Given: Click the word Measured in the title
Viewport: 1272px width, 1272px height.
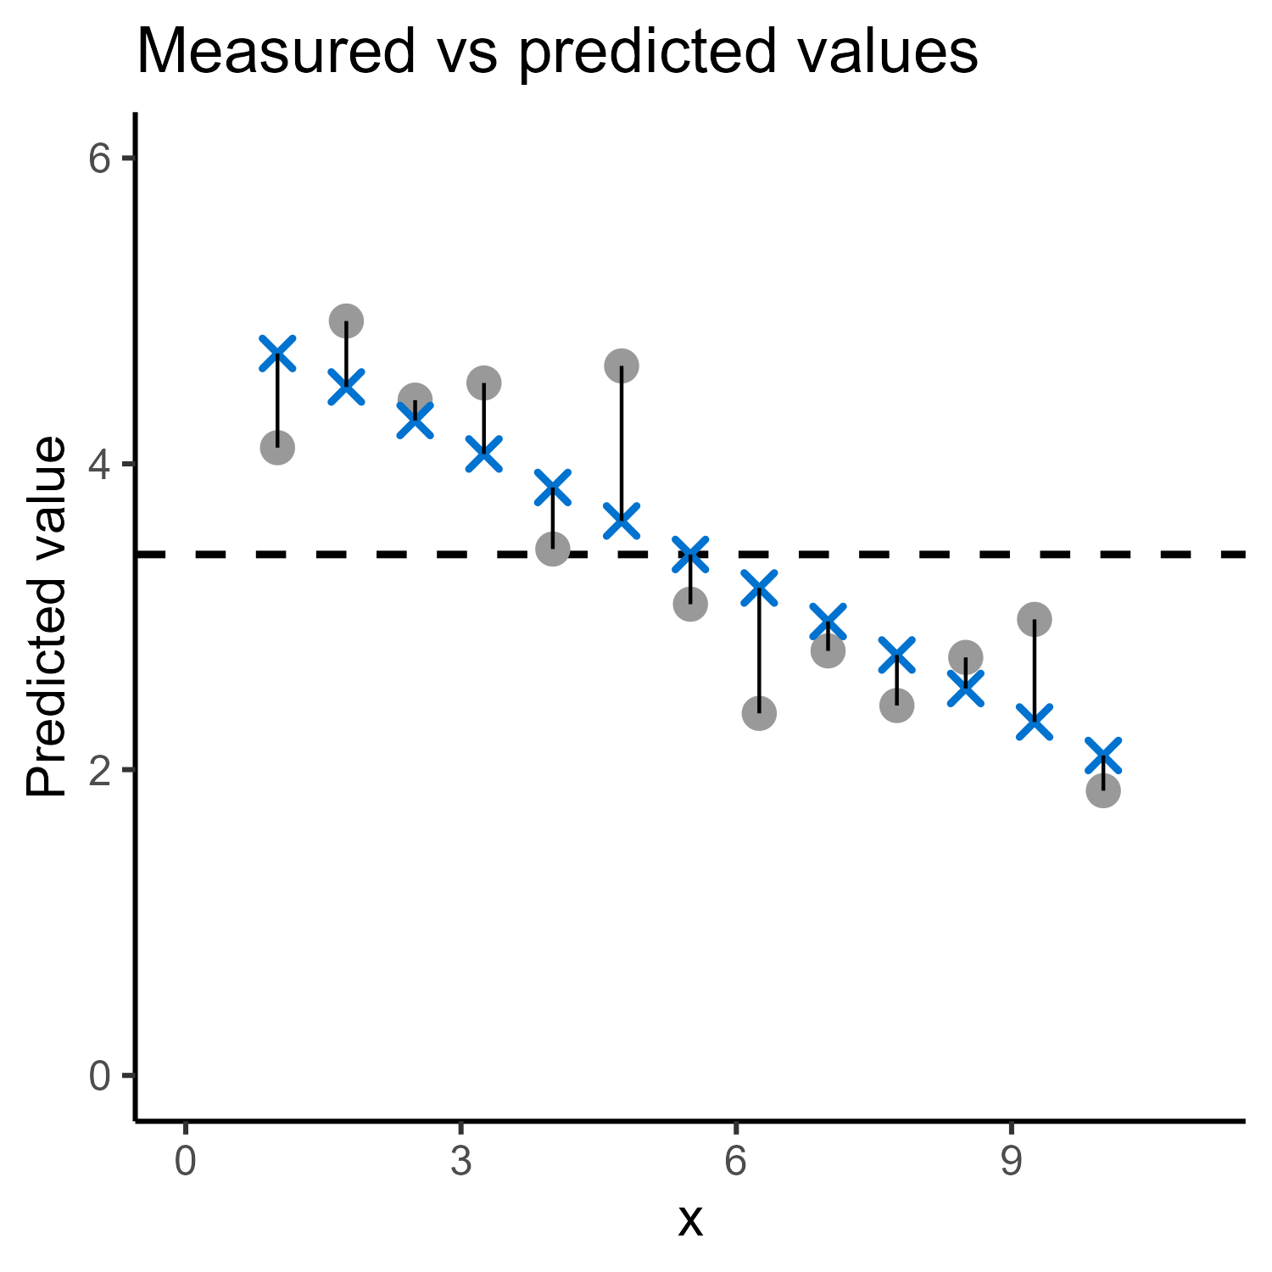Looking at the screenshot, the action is coord(276,52).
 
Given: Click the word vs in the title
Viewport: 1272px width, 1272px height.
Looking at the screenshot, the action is coord(466,58).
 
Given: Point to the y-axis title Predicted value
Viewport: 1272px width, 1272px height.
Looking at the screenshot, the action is coord(47,616).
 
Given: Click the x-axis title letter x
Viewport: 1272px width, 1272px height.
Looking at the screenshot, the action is coord(690,1222).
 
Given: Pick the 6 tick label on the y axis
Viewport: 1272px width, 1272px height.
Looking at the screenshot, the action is coord(100,159).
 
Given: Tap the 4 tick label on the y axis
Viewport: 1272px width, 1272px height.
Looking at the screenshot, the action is coord(100,465).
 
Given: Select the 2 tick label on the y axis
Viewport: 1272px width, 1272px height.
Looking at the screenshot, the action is coord(100,770).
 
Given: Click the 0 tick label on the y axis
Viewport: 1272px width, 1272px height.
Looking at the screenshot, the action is coord(100,1076).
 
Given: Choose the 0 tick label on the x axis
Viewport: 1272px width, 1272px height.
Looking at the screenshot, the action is coord(186,1162).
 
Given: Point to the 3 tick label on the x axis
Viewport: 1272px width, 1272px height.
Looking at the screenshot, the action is coord(460,1162).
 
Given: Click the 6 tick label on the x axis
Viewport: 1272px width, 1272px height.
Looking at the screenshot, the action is coord(735,1162).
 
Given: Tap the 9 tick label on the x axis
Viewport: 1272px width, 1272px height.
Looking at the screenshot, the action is coord(1011,1162).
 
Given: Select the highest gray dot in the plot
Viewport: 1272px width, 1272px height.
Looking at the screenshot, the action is coord(346,321).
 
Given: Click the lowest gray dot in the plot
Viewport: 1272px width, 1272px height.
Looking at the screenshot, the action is coord(1102,790).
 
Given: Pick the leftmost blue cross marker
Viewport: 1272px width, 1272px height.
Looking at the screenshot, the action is coord(277,354).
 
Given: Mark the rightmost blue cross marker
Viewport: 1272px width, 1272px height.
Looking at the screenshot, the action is coord(1102,755).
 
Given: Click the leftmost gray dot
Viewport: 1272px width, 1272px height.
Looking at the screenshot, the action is coord(277,447).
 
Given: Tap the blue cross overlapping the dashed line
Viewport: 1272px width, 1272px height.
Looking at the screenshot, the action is coord(690,555).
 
